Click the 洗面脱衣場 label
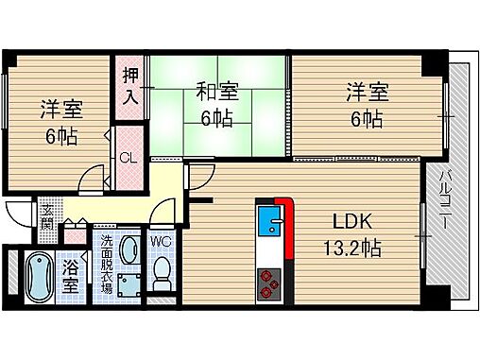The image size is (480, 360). point(107,269)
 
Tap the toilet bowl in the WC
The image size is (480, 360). point(161,273)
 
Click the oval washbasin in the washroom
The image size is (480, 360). point(128,249)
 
